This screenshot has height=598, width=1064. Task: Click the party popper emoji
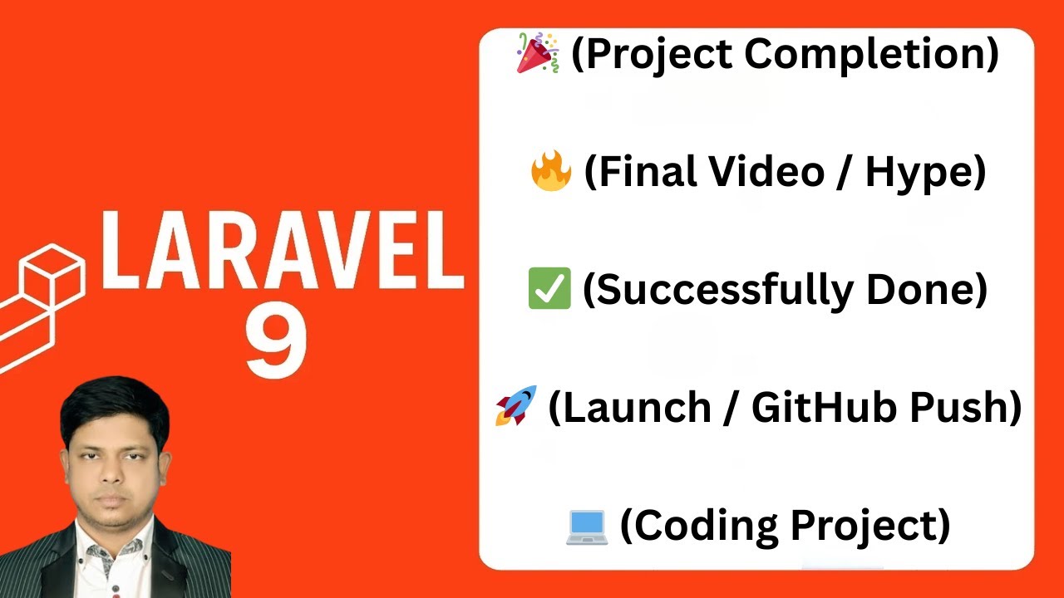pos(538,54)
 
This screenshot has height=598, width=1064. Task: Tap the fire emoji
pos(550,172)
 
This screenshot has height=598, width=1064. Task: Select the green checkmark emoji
pos(549,289)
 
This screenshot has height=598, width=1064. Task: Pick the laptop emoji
pos(587,526)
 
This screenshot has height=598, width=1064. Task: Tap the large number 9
pos(276,341)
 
